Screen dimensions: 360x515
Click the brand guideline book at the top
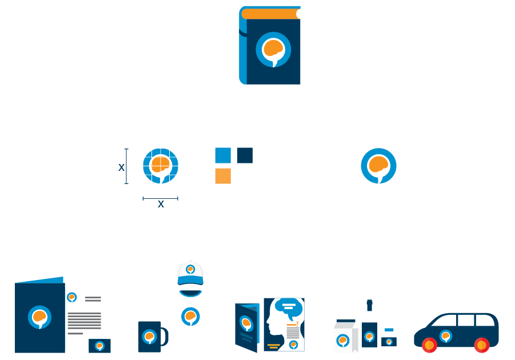(270, 46)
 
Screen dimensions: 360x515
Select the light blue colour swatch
(223, 155)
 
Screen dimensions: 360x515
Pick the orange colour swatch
(223, 176)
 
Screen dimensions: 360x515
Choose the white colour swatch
(245, 176)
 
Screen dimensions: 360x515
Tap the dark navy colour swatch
(245, 155)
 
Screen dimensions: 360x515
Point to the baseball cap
(190, 273)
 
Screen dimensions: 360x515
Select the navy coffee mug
(150, 337)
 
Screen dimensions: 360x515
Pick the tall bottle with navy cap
(369, 329)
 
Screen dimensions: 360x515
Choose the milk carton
(345, 337)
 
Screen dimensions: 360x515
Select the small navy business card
(99, 346)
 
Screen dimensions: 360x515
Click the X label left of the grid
(121, 167)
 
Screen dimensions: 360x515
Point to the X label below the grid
(161, 204)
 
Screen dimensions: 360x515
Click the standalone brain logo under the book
(378, 166)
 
